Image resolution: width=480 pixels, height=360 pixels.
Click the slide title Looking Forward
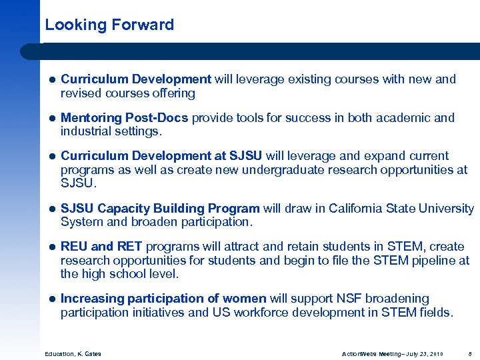[109, 25]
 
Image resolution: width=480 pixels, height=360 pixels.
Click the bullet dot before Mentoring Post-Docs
[52, 119]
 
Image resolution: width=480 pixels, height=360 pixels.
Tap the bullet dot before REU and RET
[52, 247]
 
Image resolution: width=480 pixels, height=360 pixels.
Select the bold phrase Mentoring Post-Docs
[125, 118]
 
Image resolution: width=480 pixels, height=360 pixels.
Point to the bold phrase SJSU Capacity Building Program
[160, 209]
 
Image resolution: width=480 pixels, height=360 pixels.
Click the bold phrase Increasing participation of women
[163, 299]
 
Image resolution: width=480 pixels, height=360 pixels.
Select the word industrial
[86, 131]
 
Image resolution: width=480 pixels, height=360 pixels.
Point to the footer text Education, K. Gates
[73, 353]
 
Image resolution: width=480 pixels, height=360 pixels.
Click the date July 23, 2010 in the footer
[424, 353]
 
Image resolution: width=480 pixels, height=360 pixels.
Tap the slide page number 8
[470, 353]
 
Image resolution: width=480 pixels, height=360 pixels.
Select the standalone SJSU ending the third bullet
[77, 183]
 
